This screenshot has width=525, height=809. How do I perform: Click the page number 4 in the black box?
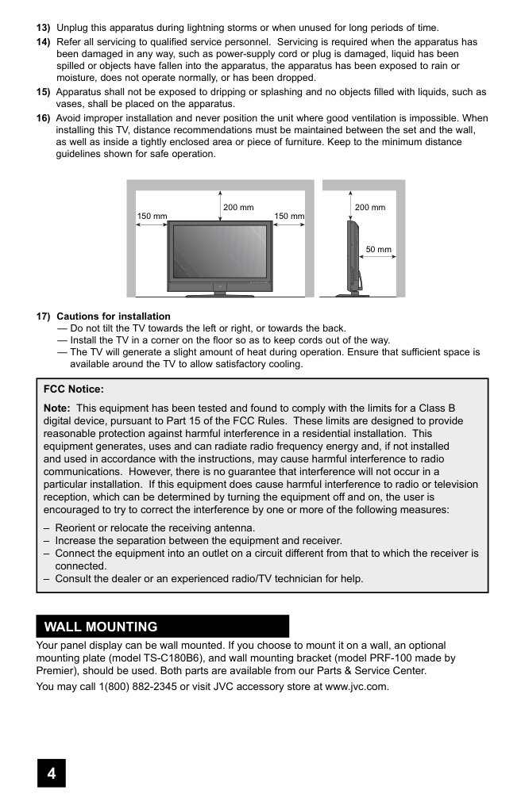point(51,773)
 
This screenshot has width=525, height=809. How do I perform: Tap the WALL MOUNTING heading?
point(101,627)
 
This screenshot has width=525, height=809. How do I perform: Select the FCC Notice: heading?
point(74,389)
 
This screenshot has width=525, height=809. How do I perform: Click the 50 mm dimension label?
point(378,250)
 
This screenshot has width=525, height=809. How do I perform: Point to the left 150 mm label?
point(152,217)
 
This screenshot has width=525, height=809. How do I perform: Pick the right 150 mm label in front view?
point(289,217)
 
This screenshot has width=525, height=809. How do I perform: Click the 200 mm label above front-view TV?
point(238,208)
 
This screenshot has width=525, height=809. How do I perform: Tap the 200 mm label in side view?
point(370,208)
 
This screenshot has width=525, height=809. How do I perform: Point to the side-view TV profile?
point(352,258)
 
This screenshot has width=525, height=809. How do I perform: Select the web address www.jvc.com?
point(357,686)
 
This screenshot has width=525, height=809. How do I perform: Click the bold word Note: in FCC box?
point(57,408)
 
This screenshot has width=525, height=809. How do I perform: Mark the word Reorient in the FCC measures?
point(76,527)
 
